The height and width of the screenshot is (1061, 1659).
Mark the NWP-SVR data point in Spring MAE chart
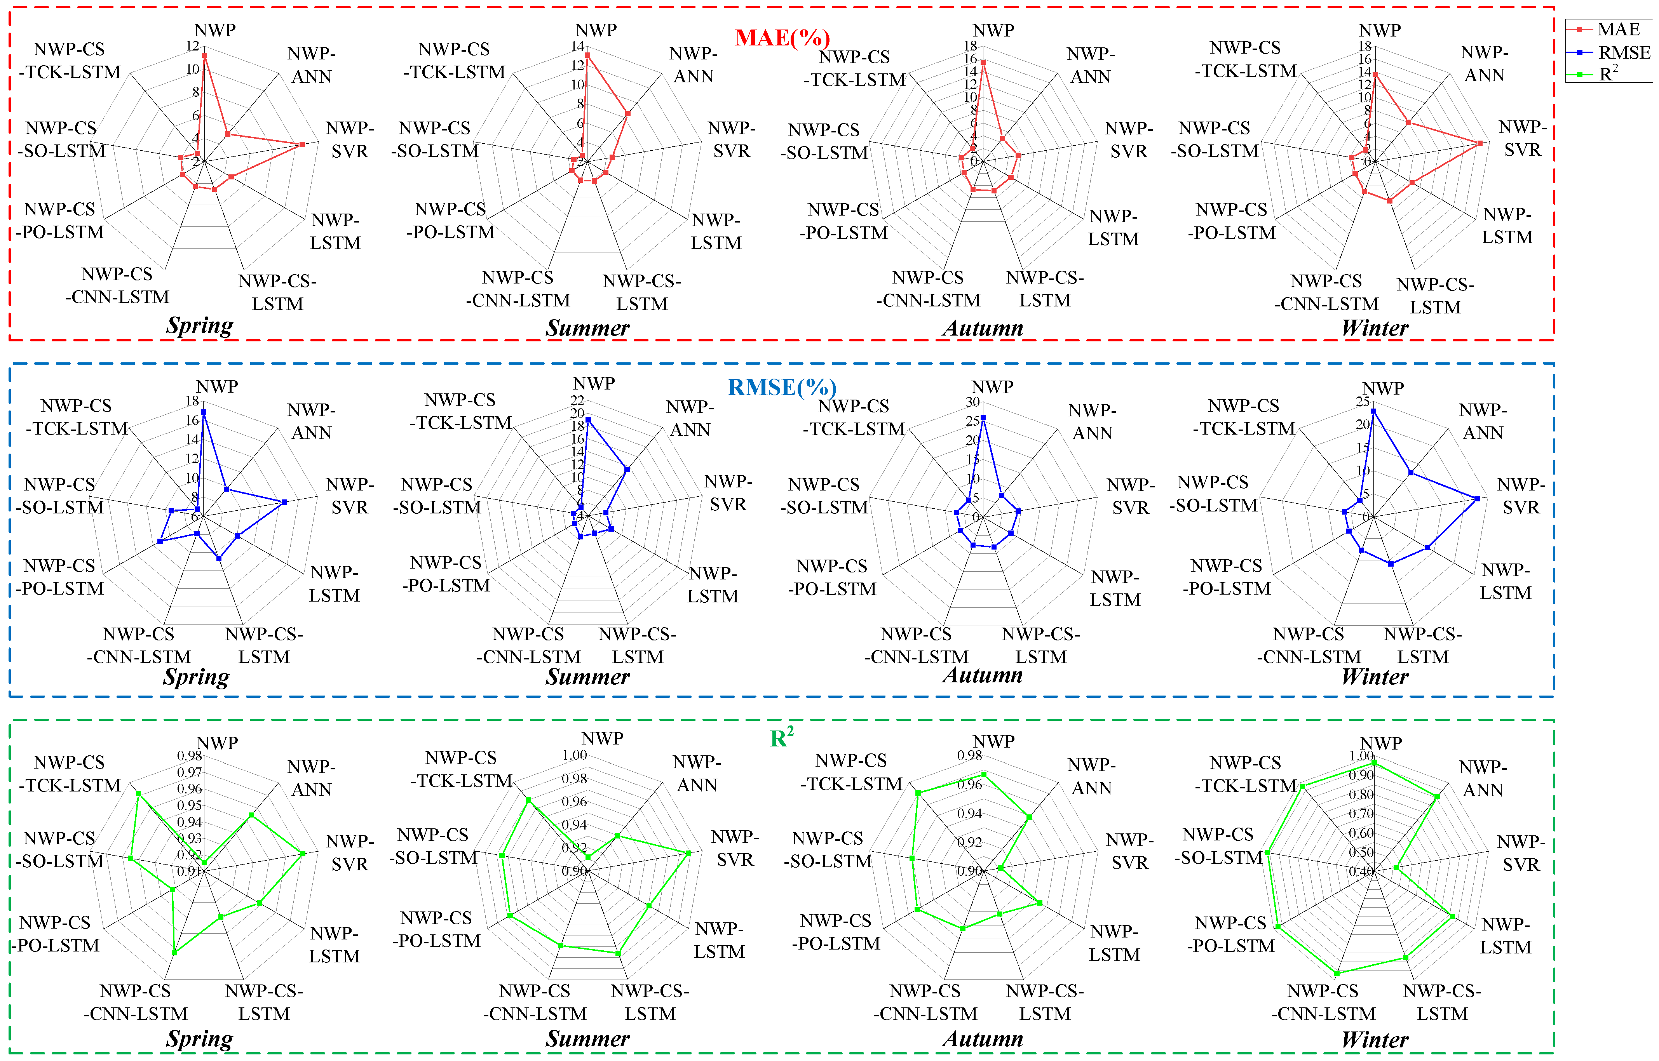(302, 144)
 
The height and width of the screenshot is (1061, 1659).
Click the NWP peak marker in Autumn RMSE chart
(983, 417)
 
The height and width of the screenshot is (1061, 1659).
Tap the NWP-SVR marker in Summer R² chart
(688, 853)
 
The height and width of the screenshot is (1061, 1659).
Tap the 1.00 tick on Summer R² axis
(574, 755)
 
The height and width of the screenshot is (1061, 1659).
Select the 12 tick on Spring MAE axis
(192, 46)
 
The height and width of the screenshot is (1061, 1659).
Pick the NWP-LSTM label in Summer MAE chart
(716, 231)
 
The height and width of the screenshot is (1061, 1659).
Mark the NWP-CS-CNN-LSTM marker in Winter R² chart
(1337, 974)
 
